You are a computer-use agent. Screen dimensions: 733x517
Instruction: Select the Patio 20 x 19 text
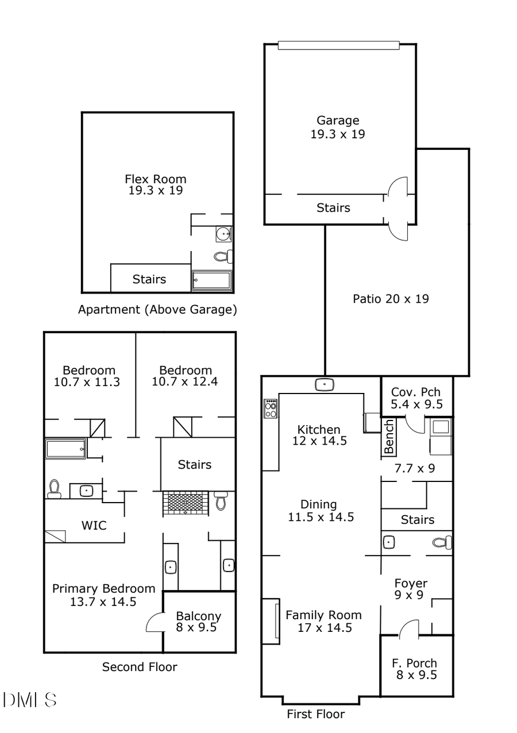(390, 299)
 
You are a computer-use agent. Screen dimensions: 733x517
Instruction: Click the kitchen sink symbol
(325, 384)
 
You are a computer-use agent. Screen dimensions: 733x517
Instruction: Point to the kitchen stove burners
(271, 408)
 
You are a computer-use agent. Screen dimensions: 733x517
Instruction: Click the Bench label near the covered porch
(389, 437)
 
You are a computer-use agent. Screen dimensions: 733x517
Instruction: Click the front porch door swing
(408, 628)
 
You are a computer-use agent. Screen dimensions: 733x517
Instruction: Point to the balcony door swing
(155, 622)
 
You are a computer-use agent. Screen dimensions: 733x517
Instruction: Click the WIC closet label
(94, 525)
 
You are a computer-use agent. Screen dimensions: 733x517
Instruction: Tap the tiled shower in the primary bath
(186, 503)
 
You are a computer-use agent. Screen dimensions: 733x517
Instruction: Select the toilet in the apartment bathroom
(223, 256)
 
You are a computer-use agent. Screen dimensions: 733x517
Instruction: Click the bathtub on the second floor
(66, 449)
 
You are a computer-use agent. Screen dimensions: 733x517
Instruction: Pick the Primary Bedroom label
(103, 595)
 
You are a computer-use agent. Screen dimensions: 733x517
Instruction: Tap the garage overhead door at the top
(338, 45)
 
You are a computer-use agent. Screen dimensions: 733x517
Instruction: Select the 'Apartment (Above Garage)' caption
(157, 310)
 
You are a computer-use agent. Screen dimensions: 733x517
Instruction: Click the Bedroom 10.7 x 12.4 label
(186, 376)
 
